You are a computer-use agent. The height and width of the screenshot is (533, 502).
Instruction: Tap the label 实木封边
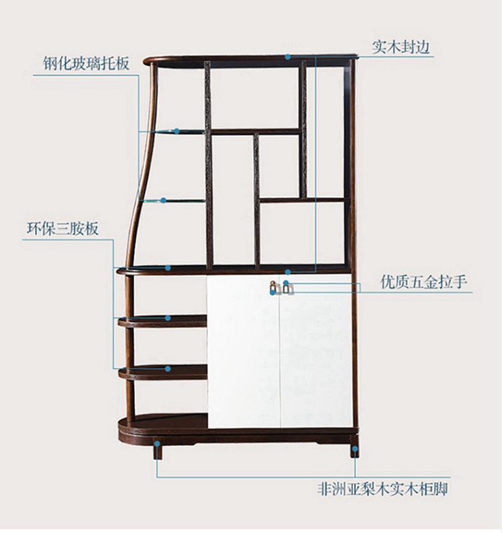coord(400,47)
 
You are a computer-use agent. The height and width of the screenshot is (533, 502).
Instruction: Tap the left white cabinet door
coord(242,352)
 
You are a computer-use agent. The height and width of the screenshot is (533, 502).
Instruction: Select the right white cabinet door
coord(316,352)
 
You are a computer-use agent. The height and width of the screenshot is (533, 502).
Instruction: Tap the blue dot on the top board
coord(288,57)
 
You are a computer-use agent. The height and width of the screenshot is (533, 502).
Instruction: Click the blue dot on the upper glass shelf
coord(177,131)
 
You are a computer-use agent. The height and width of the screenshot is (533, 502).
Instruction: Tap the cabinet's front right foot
coord(353,447)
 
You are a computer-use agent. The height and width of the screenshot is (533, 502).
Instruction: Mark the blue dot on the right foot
coord(355,449)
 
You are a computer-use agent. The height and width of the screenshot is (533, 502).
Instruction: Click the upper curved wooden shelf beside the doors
coord(163,321)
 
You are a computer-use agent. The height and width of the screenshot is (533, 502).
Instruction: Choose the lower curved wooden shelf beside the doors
coord(163,372)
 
